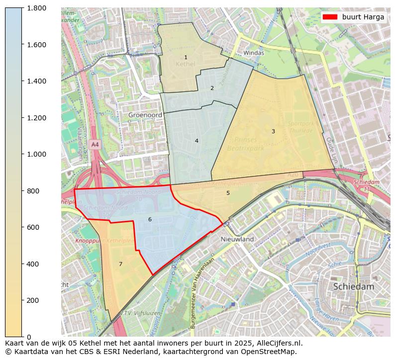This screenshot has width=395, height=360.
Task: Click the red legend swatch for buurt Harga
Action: click(x=330, y=17)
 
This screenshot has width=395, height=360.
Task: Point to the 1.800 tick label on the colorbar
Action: click(x=37, y=8)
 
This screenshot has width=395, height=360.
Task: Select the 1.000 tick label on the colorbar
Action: click(x=37, y=154)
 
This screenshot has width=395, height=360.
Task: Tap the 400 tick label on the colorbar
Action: click(x=33, y=264)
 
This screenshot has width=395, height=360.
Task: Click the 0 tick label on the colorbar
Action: click(x=29, y=337)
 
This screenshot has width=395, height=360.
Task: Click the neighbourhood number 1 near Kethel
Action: click(x=186, y=58)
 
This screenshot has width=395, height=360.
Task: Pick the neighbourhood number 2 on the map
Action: click(x=212, y=88)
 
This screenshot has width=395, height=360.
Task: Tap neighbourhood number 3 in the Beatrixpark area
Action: click(x=273, y=131)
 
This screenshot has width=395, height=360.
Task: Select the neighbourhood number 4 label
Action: click(x=197, y=141)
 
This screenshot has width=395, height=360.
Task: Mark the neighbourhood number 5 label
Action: click(x=228, y=193)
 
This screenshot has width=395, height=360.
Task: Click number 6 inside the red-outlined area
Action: click(x=150, y=219)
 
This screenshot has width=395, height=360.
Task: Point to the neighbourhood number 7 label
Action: click(x=120, y=264)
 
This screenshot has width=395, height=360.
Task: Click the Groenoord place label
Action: click(x=145, y=114)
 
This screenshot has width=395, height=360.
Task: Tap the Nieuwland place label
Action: click(x=237, y=239)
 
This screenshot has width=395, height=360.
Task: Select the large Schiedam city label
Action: click(x=353, y=286)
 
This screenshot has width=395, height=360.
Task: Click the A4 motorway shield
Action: click(x=95, y=144)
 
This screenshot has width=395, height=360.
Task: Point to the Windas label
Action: click(x=253, y=53)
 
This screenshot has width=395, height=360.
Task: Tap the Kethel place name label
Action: click(x=186, y=65)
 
